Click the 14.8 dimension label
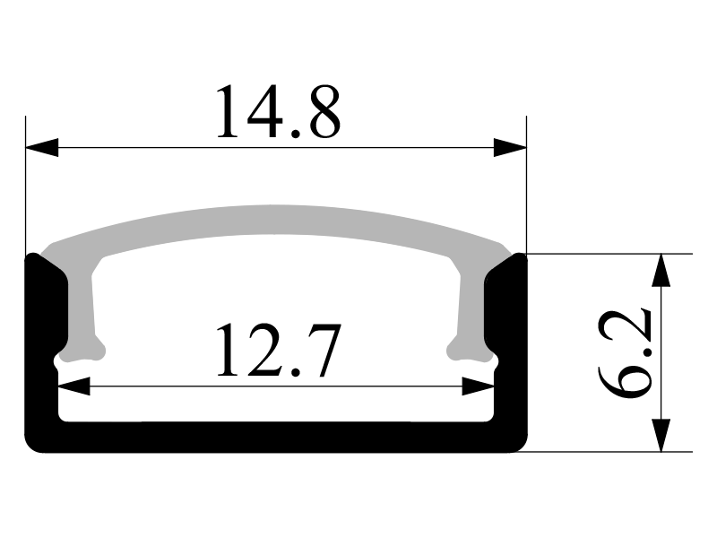pos(279,111)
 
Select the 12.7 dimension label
pos(279,350)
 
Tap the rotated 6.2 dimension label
pos(625,353)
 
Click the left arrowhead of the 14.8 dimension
pos(42,147)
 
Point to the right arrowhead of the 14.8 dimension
pos(510,147)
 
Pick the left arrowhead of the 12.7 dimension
pos(74,386)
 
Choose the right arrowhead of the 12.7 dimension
pos(479,386)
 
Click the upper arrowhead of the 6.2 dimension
pos(661,270)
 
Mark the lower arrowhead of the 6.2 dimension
pos(661,436)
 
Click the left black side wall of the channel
pos(42,348)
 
